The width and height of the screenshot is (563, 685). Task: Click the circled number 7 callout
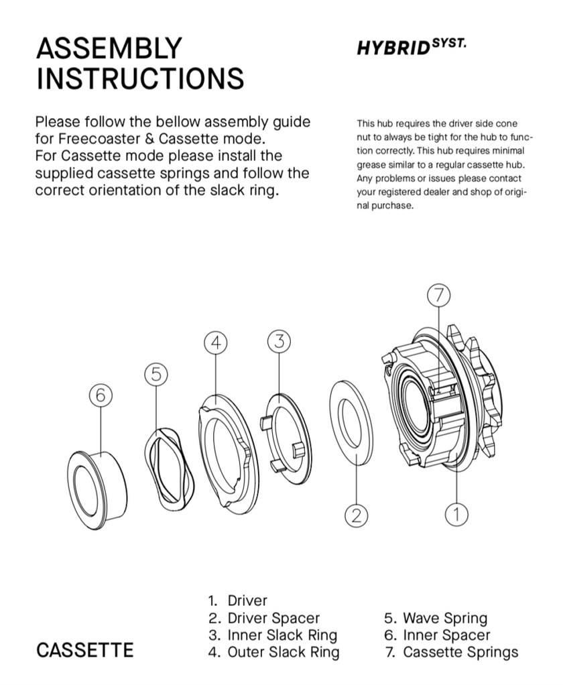pyautogui.click(x=438, y=295)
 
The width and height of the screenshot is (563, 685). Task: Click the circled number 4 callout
pyautogui.click(x=215, y=342)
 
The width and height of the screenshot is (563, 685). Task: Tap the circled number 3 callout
pyautogui.click(x=279, y=341)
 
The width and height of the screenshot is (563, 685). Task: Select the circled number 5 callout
pyautogui.click(x=155, y=375)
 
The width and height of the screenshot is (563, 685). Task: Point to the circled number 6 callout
pyautogui.click(x=100, y=395)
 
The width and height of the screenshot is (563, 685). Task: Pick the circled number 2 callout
pyautogui.click(x=357, y=515)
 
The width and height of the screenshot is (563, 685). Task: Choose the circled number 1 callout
pyautogui.click(x=456, y=514)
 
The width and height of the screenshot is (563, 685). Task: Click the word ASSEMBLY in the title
pyautogui.click(x=108, y=48)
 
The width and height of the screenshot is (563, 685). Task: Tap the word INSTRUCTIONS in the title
pyautogui.click(x=139, y=78)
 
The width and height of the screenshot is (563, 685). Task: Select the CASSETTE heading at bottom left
pyautogui.click(x=84, y=650)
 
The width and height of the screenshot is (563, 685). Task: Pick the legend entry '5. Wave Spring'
pyautogui.click(x=435, y=618)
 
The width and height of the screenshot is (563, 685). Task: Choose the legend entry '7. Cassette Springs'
pyautogui.click(x=451, y=651)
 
